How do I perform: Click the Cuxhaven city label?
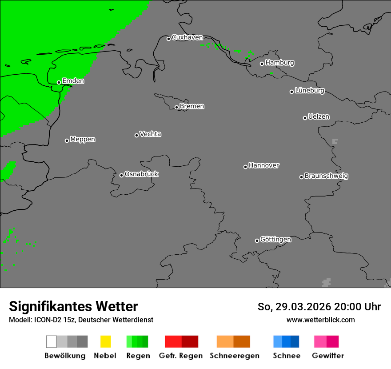187,38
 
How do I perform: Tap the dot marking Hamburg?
262,64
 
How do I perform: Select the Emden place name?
73,81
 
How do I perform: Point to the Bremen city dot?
176,107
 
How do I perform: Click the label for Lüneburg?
310,91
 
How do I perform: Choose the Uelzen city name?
319,117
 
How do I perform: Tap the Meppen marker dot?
67,140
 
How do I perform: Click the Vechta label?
150,134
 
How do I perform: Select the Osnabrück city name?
141,174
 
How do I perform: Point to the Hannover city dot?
245,167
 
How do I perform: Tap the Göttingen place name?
275,240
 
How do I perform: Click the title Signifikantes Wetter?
73,306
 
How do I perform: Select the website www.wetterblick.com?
320,320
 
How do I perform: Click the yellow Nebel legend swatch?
105,341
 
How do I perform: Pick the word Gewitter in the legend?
328,356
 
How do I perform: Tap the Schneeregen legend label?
235,356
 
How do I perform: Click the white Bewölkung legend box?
52,341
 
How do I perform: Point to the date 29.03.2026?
302,307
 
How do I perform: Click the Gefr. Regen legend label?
181,356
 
